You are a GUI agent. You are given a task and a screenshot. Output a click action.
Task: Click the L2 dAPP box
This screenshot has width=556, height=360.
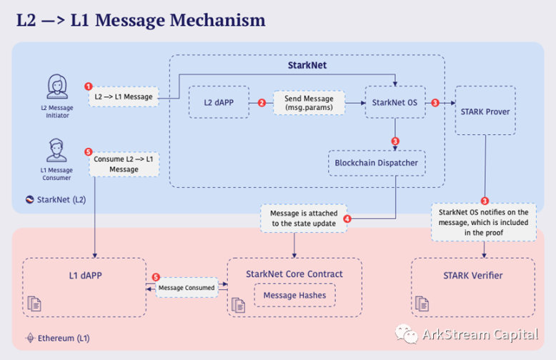(x=217, y=103)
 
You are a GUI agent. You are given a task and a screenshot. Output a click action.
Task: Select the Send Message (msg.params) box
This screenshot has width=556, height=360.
(x=309, y=103)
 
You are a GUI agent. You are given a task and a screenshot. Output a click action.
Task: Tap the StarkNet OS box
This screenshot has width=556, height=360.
(x=394, y=103)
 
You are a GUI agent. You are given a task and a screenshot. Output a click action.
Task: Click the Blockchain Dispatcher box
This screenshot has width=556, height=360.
(x=377, y=163)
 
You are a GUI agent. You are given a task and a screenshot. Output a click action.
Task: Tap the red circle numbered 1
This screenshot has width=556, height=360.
(x=89, y=87)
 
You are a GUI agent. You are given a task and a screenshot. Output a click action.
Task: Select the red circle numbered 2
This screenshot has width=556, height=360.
(x=262, y=103)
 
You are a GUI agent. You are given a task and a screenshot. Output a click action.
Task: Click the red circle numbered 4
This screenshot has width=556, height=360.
(x=347, y=219)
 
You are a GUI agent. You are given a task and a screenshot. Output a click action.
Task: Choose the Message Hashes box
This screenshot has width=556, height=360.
(x=294, y=295)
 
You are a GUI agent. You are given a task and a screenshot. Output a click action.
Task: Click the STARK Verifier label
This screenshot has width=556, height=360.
(x=472, y=275)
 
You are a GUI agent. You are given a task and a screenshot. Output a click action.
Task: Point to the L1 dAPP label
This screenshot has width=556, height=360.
(x=85, y=274)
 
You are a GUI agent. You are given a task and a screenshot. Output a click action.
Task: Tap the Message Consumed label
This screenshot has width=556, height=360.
(x=187, y=288)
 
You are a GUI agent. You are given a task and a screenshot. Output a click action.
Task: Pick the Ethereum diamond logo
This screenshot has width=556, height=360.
(x=30, y=337)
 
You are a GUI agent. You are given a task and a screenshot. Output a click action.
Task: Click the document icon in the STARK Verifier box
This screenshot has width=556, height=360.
(x=422, y=304)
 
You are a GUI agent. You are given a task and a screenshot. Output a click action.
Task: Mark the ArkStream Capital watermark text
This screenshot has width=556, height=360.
(x=483, y=334)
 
